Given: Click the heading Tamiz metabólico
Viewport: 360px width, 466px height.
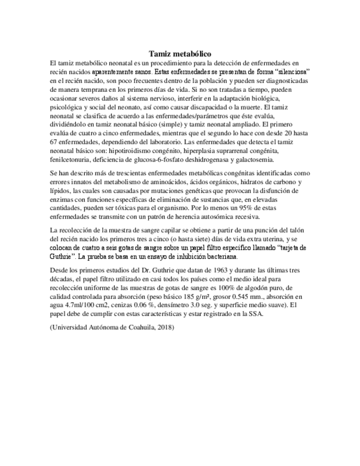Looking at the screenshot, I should point(180,54).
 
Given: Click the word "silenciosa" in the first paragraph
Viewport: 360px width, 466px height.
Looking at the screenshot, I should point(290,72).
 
